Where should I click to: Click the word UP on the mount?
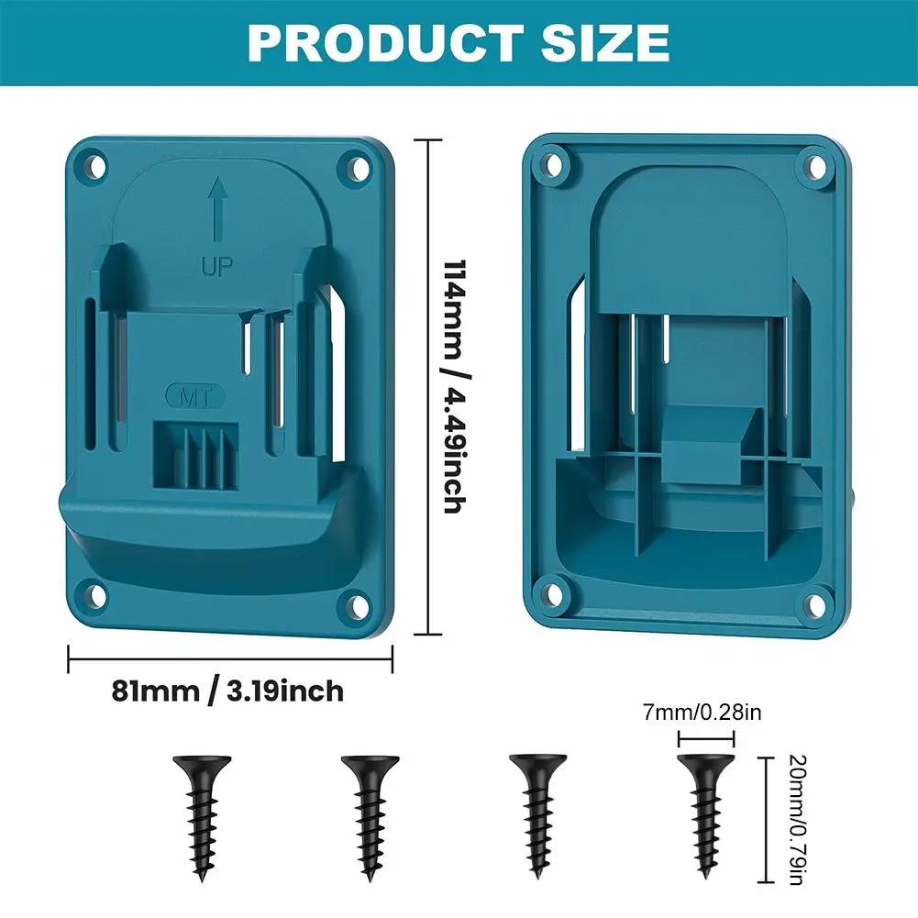coord(217,267)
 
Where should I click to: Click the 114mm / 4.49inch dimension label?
coord(451,385)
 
